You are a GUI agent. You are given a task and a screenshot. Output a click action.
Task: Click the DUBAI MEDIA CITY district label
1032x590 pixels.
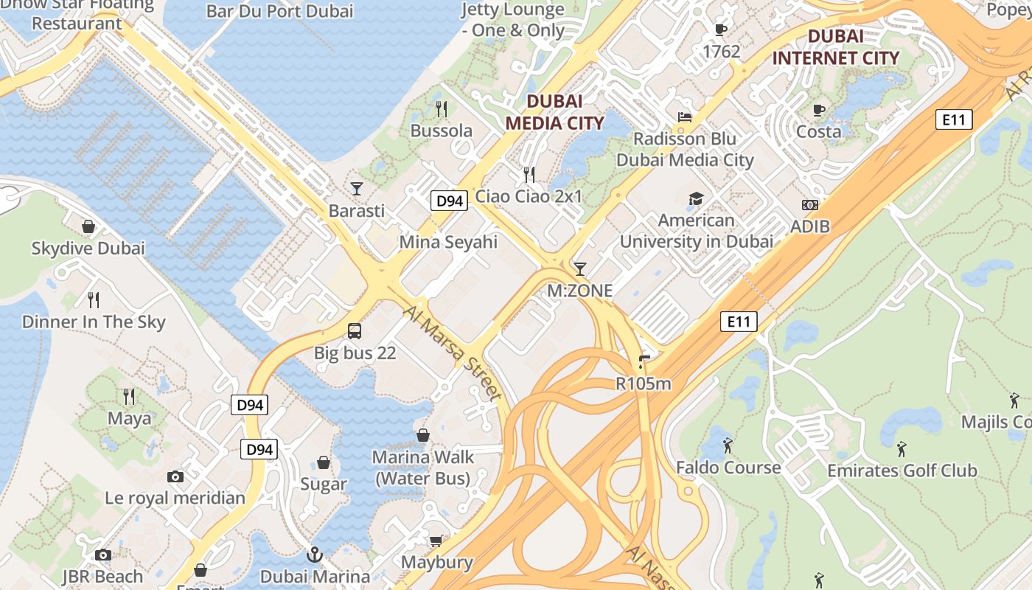coord(554,112)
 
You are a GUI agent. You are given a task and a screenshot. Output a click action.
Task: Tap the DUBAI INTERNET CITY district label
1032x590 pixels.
coord(835,47)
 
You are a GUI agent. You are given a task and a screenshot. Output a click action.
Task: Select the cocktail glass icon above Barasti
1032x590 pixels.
coord(357,189)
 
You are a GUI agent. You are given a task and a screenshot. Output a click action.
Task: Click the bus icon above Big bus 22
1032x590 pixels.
coord(355,330)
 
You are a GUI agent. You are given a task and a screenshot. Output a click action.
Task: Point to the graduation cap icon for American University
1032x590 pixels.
coord(696,198)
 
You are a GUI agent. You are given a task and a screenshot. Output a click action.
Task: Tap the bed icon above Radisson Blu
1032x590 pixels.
coord(685,117)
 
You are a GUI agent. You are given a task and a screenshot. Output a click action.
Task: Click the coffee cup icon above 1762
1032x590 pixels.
coord(721,29)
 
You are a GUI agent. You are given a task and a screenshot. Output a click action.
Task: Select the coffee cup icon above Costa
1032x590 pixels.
coord(818,110)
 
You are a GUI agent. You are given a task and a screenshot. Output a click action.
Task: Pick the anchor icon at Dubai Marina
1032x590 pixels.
coord(315,554)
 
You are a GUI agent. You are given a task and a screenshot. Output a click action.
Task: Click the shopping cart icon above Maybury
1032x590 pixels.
coord(436,541)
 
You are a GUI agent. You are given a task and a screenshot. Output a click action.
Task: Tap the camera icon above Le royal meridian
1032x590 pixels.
coord(175,476)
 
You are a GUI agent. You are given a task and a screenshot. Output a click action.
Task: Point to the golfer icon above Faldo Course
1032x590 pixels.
coord(728,445)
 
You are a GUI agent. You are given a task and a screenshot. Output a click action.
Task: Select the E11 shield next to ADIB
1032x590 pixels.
coord(953,119)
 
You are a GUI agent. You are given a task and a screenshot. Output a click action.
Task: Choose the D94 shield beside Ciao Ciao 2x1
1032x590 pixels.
coord(449,201)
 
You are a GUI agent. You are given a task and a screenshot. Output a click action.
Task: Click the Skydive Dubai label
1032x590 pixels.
coord(88,249)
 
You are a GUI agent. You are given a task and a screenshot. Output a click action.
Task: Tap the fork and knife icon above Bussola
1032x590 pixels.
coord(442,109)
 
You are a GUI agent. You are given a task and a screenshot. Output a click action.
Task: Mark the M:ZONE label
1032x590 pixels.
coord(579,291)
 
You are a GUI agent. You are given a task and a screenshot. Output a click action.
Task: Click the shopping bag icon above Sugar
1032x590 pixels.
coord(323,462)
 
